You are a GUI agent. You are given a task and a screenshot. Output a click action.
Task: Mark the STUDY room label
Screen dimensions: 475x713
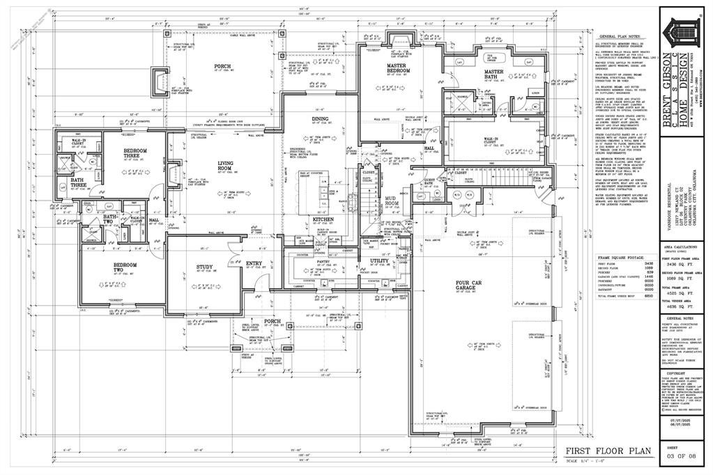(204, 266)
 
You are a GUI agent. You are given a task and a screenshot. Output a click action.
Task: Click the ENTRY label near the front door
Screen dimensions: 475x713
(254, 263)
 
